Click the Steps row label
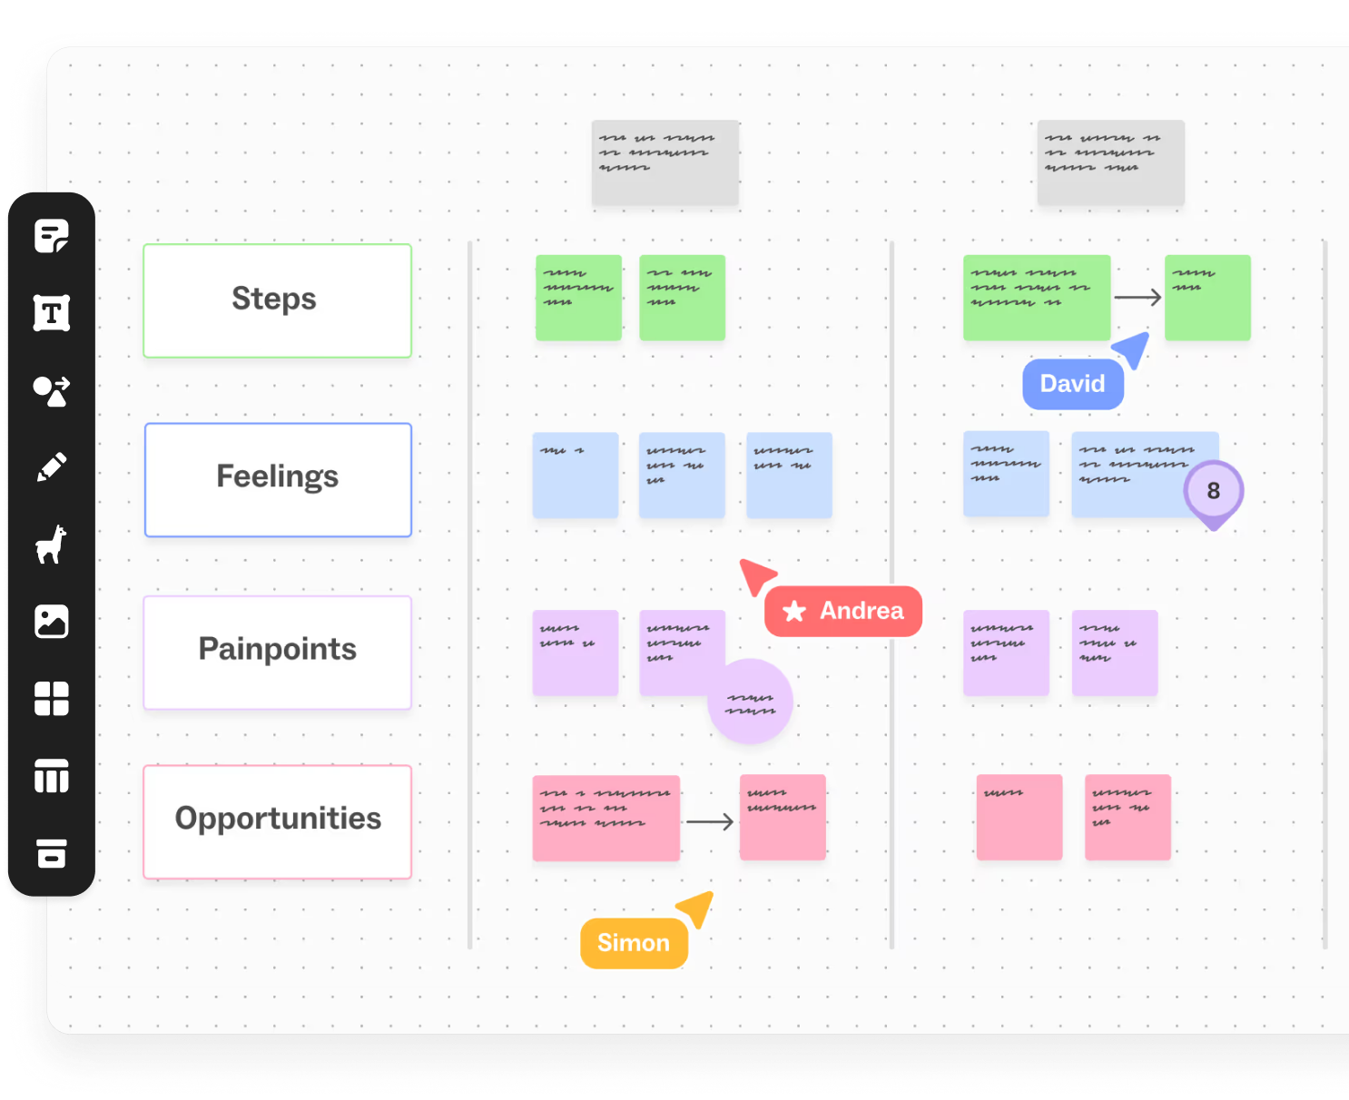(x=277, y=300)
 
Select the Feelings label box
(x=278, y=479)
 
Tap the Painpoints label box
(x=278, y=652)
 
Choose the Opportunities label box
(x=278, y=821)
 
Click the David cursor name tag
(x=1072, y=384)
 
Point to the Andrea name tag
(x=843, y=611)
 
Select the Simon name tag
(x=634, y=943)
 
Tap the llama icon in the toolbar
(x=51, y=545)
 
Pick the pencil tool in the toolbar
(x=51, y=467)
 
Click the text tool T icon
(x=51, y=313)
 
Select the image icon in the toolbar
(x=51, y=622)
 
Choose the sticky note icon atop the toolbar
(x=51, y=236)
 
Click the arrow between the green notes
(x=1137, y=297)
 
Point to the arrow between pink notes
(x=710, y=822)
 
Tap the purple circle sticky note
(x=750, y=702)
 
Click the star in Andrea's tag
(x=794, y=611)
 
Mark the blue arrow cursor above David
(x=1132, y=349)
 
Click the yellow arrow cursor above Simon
(x=696, y=908)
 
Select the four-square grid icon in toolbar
(x=51, y=699)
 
